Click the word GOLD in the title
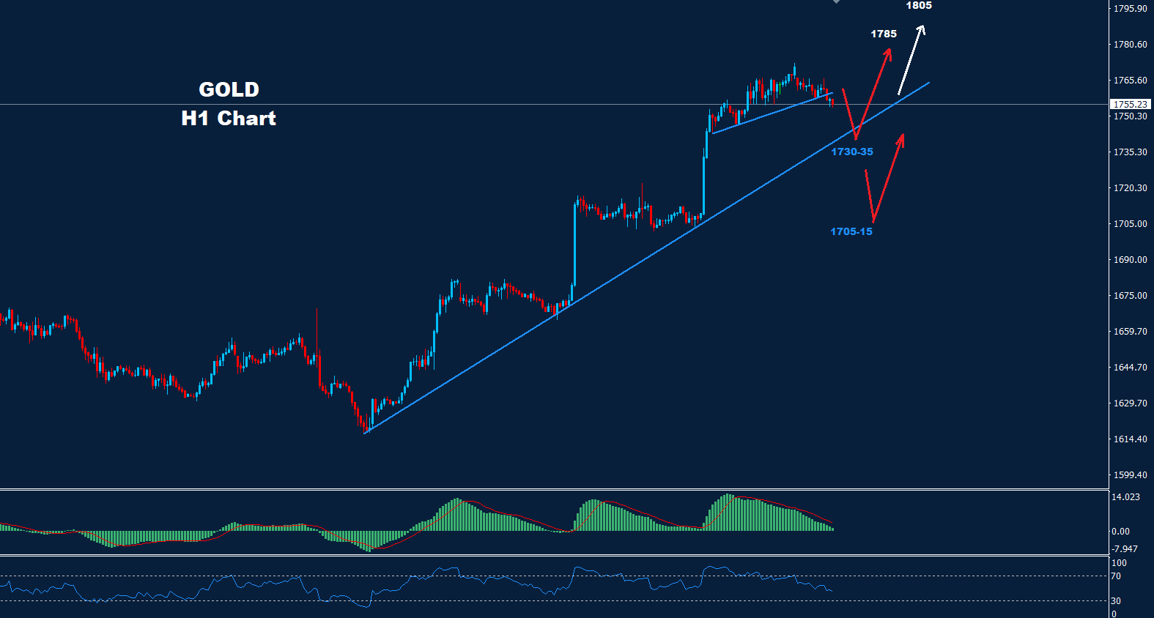(229, 89)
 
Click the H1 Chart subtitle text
(229, 118)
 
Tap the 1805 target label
(919, 6)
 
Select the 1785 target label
(884, 34)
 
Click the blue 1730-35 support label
(852, 152)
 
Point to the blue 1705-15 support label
(851, 231)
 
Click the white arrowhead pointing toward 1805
(922, 30)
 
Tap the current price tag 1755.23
(1131, 105)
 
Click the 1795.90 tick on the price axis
(1130, 9)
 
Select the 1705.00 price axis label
(1130, 224)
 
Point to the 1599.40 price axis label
(1130, 475)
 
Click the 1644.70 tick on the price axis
(1130, 368)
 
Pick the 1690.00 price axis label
(1130, 260)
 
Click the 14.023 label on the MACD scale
(1125, 497)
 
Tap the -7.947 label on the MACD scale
(1125, 549)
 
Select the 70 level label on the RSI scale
(1116, 576)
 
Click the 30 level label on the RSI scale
(1116, 601)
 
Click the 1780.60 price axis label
(1130, 45)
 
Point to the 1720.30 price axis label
(1130, 188)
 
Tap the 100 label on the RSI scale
(1119, 563)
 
